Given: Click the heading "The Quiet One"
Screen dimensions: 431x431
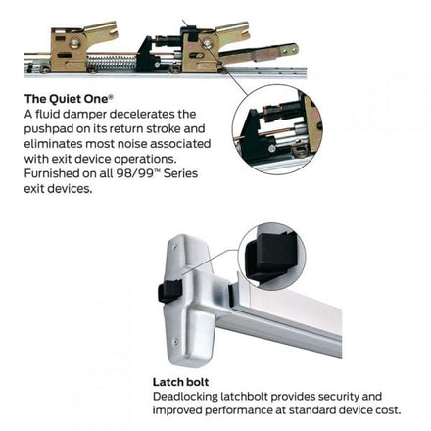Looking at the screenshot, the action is click(x=69, y=99).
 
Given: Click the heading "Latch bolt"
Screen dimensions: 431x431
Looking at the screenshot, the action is click(x=180, y=382).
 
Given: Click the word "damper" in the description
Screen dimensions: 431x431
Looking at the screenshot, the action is click(x=86, y=114).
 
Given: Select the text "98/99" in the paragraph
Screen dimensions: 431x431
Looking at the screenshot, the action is click(x=135, y=173).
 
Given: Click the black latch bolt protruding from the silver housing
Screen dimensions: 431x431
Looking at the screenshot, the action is click(x=168, y=291).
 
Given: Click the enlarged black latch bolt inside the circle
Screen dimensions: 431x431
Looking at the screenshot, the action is click(x=270, y=258).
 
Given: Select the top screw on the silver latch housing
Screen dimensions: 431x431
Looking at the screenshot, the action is click(x=176, y=248).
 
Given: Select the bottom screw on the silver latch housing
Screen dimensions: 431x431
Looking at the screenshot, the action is click(x=176, y=342).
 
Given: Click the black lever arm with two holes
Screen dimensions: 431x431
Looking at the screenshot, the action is click(x=260, y=53).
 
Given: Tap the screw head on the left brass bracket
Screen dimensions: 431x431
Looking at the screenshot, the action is click(x=74, y=43).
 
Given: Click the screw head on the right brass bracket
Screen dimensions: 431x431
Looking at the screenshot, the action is click(x=207, y=43).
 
